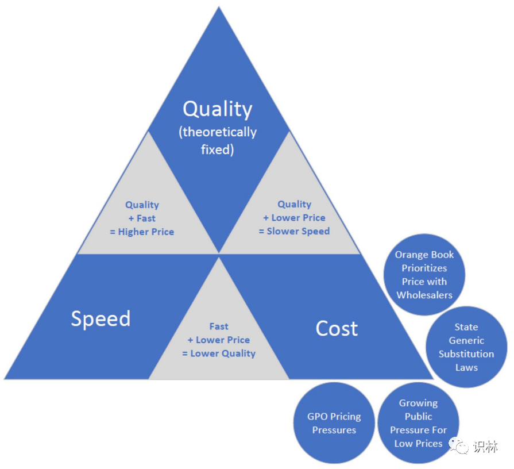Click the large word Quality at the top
click(x=217, y=109)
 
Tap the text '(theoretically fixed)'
click(x=218, y=140)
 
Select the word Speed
click(x=101, y=319)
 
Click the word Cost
click(x=337, y=328)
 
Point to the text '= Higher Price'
click(x=142, y=232)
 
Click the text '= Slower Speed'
click(x=295, y=231)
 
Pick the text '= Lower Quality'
click(x=219, y=353)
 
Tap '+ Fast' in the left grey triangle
click(x=142, y=218)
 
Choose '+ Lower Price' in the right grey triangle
click(x=295, y=218)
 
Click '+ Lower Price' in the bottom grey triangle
click(x=219, y=340)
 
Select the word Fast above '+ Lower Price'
click(x=219, y=326)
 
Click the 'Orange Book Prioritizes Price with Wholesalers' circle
click(x=424, y=275)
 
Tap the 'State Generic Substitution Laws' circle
click(x=466, y=347)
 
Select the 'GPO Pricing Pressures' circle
click(x=334, y=423)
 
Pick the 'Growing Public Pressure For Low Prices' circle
click(x=418, y=423)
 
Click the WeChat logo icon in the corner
click(x=459, y=445)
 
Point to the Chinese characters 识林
click(x=485, y=447)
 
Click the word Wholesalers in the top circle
click(x=424, y=295)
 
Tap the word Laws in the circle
click(x=466, y=368)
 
